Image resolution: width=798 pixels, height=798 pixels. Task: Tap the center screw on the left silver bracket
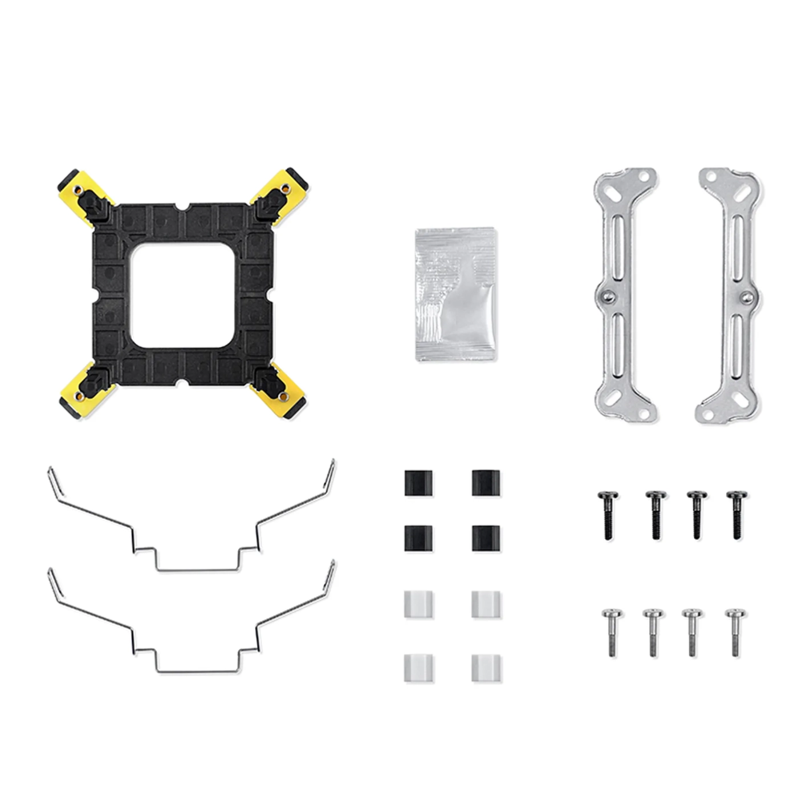pyautogui.click(x=608, y=295)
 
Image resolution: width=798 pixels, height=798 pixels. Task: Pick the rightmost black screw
pyautogui.click(x=736, y=514)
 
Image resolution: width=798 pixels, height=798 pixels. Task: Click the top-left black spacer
pyautogui.click(x=418, y=482)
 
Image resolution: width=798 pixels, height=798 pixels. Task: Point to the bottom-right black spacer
pyautogui.click(x=486, y=537)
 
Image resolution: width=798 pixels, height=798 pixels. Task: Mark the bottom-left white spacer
pyautogui.click(x=418, y=667)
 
